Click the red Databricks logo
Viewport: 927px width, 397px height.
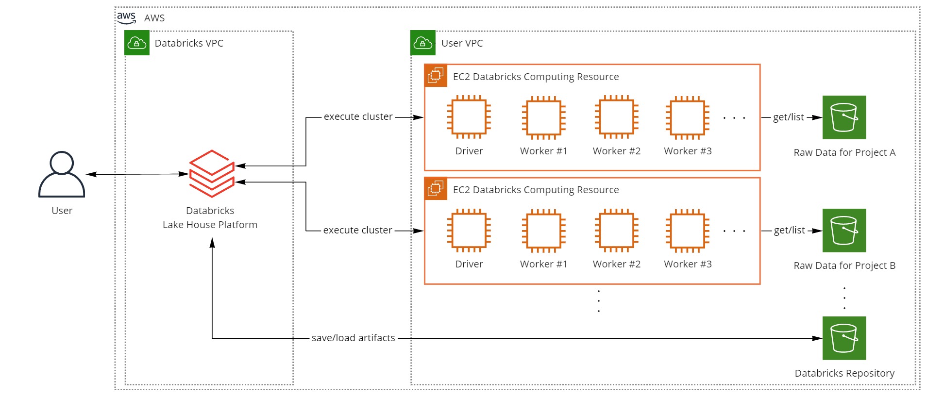tap(212, 174)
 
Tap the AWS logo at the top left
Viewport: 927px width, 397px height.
tap(126, 17)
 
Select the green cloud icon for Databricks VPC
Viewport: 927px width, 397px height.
tap(137, 43)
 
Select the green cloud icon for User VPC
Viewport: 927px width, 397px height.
tap(423, 43)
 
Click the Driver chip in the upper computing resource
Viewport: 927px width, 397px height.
tap(469, 117)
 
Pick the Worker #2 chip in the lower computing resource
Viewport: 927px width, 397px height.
tap(616, 231)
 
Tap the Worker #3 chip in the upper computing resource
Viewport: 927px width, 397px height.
tap(687, 117)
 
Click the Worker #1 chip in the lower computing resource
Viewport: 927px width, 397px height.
tap(543, 231)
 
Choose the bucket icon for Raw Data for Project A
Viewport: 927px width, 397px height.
tap(844, 117)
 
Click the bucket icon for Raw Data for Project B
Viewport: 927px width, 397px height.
tap(844, 231)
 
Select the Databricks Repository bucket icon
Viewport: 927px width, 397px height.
tap(844, 338)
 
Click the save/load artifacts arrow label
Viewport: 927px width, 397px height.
tap(353, 338)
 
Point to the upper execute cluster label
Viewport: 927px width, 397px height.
tap(358, 116)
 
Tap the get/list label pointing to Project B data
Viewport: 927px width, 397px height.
tap(789, 230)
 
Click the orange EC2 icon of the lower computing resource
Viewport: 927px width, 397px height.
tap(436, 189)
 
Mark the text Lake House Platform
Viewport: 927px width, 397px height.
tap(210, 225)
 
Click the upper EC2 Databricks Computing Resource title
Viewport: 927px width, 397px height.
tap(536, 77)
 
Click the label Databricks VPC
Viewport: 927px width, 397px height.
tap(189, 43)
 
